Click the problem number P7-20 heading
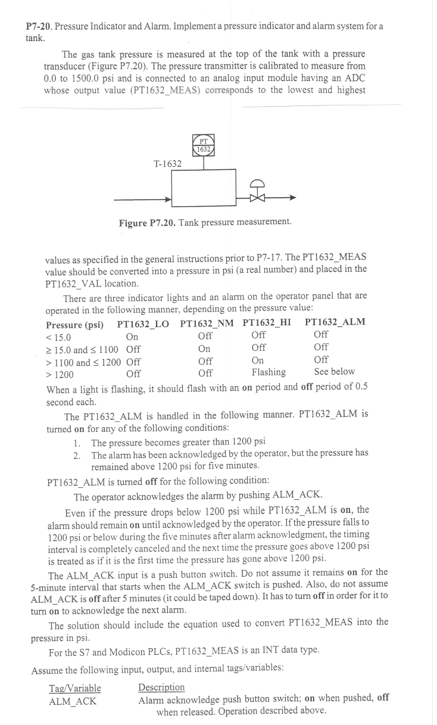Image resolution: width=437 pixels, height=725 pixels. [x=39, y=27]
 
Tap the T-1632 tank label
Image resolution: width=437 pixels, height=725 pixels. [x=167, y=163]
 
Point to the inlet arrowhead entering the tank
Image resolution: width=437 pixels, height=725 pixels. [x=167, y=198]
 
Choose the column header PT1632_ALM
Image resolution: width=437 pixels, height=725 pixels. [x=335, y=322]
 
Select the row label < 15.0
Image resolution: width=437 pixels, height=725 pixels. [x=58, y=337]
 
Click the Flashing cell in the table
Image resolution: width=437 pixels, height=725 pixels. [x=269, y=372]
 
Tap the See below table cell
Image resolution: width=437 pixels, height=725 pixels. [x=334, y=372]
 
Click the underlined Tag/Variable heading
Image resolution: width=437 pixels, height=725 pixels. [x=74, y=688]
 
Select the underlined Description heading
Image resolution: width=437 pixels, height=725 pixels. [x=161, y=687]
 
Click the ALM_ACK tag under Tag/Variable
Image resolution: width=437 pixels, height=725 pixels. [x=73, y=701]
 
